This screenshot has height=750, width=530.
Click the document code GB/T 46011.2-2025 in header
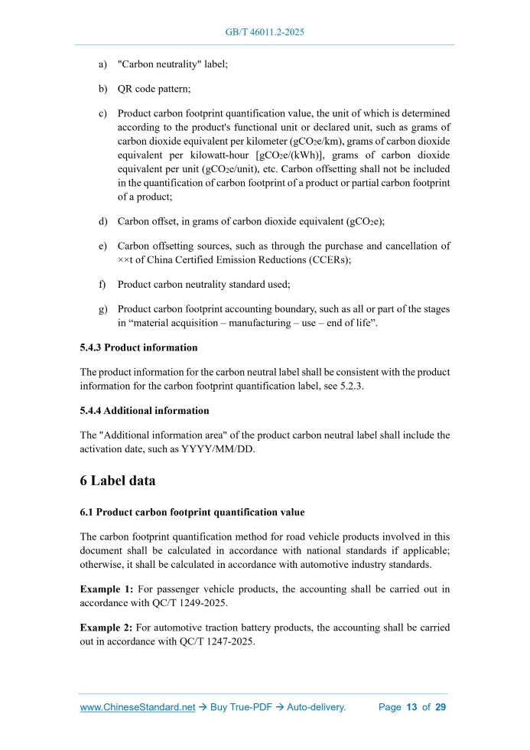[265, 32]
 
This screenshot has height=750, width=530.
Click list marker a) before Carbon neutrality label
[102, 65]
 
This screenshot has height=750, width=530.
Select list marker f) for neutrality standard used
[102, 284]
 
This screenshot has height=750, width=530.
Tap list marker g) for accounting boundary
[102, 309]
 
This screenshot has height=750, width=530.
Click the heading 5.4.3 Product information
[138, 347]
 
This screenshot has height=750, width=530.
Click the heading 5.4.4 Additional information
[144, 411]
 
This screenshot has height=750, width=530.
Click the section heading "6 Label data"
[118, 481]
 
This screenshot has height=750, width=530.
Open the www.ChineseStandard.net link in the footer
[138, 707]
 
